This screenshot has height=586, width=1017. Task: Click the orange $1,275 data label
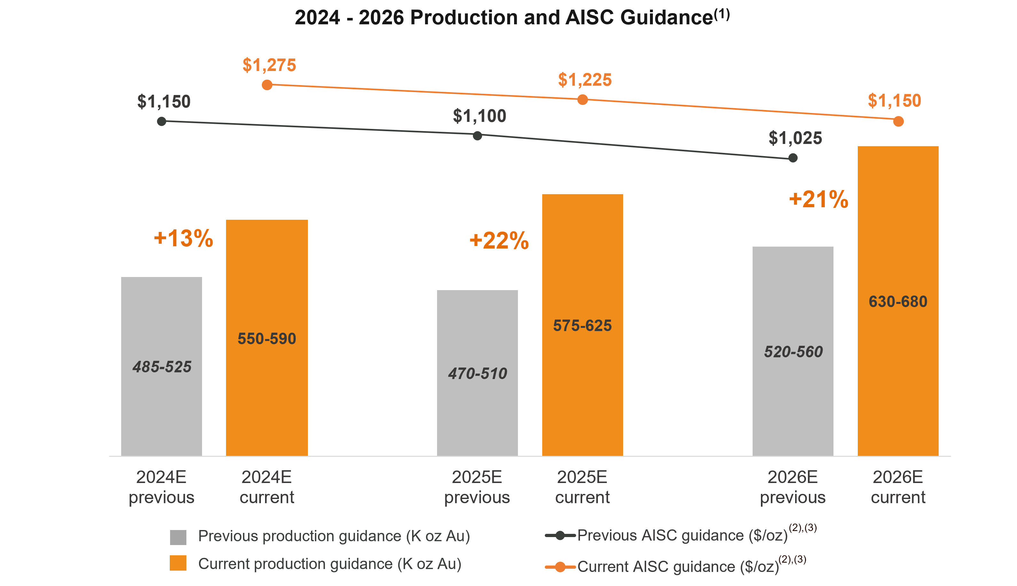click(269, 65)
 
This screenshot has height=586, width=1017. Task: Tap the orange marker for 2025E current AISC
click(582, 100)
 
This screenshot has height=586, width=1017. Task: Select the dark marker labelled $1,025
click(793, 158)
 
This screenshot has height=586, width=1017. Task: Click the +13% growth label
click(184, 238)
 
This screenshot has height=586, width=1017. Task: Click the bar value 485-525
click(162, 367)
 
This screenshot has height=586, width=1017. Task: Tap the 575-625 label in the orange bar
click(582, 325)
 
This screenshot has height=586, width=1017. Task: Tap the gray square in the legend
click(178, 537)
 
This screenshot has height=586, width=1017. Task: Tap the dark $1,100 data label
click(479, 116)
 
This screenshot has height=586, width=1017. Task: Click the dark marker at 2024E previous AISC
click(161, 121)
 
